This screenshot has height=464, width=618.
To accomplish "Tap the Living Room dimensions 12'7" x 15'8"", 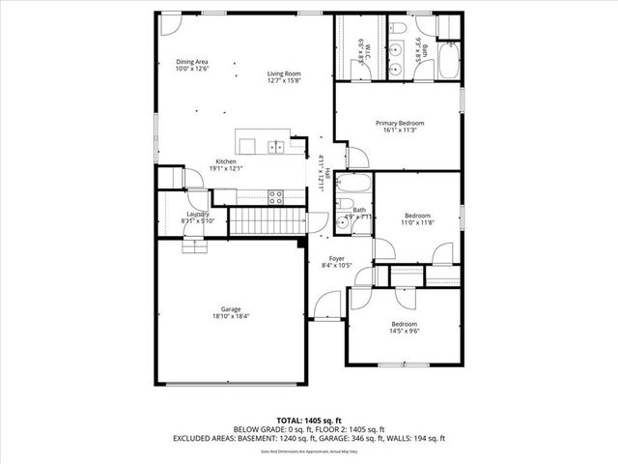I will [285, 82].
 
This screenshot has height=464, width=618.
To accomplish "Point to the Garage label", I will [229, 309].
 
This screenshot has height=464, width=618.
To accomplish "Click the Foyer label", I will [337, 258].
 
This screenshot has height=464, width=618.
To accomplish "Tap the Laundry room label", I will [198, 214].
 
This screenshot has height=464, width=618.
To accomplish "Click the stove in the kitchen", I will [275, 196].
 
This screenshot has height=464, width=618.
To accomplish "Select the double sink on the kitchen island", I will [276, 147].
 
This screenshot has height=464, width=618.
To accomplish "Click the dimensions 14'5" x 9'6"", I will [404, 331].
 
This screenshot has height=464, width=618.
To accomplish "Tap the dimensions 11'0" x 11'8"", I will [418, 222].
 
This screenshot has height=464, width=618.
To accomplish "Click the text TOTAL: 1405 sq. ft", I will [309, 420].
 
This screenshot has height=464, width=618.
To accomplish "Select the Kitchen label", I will [226, 161].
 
